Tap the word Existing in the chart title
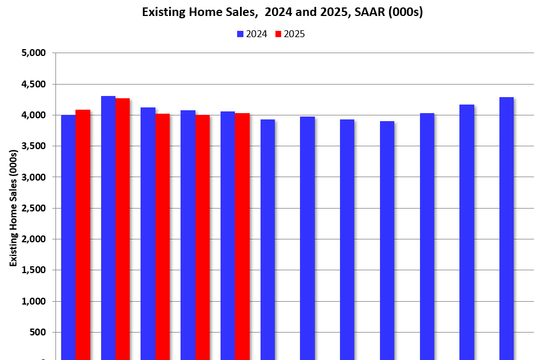163,12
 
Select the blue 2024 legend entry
252,34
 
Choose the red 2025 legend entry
290,34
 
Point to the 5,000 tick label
33,53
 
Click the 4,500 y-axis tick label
33,85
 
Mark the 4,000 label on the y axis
33,115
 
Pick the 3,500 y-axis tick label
33,146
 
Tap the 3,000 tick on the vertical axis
33,177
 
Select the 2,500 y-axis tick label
33,209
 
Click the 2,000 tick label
33,239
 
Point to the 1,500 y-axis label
33,270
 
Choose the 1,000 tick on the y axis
33,301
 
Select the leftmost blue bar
68,237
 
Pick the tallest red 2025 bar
122,229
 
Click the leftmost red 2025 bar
83,234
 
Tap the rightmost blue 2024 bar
506,229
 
